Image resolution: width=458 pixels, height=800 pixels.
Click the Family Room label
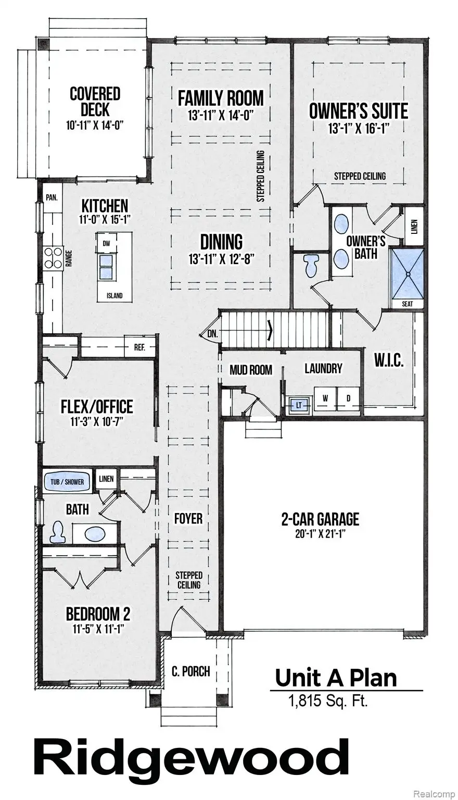[221, 98]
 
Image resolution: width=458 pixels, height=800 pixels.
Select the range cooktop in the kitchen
[53, 257]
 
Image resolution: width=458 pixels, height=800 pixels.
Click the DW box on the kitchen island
[106, 244]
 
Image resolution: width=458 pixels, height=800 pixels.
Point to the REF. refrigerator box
[139, 347]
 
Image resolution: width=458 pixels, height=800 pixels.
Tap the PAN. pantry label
[51, 198]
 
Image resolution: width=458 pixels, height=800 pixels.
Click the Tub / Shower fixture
[67, 482]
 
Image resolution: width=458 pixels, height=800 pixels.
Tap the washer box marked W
[325, 398]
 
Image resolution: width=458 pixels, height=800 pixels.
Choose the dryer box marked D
[348, 398]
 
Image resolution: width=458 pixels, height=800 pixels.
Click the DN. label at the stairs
[212, 334]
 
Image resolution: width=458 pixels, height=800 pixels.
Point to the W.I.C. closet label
[389, 361]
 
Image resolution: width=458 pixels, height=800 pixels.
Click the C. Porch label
[190, 671]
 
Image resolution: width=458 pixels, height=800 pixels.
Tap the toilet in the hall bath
[57, 532]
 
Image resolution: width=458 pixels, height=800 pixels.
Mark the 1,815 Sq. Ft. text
[328, 701]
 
